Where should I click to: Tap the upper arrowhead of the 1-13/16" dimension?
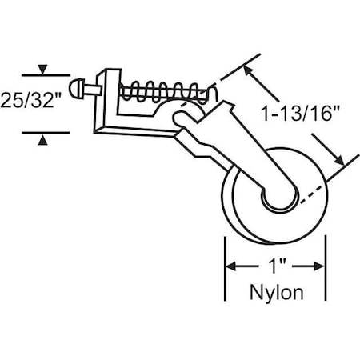[251, 72]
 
